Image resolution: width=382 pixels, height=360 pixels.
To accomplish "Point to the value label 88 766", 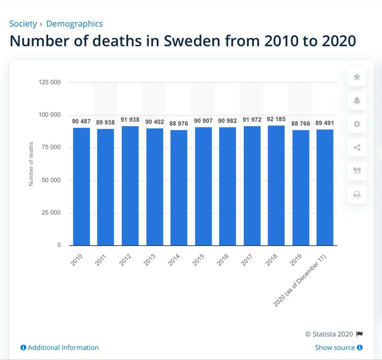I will pyautogui.click(x=301, y=122).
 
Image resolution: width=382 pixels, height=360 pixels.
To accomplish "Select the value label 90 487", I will pyautogui.click(x=81, y=121).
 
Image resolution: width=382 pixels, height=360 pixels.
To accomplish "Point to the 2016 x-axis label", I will pyautogui.click(x=223, y=260).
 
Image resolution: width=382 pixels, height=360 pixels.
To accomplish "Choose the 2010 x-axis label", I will pyautogui.click(x=77, y=260).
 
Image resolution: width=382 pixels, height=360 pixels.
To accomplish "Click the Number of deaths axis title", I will pyautogui.click(x=31, y=164).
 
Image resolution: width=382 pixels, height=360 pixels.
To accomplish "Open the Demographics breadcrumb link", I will pyautogui.click(x=74, y=24).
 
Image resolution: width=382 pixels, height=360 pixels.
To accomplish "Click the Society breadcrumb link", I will pyautogui.click(x=23, y=24).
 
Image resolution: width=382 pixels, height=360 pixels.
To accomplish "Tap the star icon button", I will pyautogui.click(x=357, y=77).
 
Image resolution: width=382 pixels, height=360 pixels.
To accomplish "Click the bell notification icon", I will pyautogui.click(x=357, y=100).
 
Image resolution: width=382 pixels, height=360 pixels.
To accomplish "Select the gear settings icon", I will pyautogui.click(x=357, y=124).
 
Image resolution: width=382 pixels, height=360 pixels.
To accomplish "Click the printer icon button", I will pyautogui.click(x=357, y=194).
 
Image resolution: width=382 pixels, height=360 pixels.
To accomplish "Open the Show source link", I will pyautogui.click(x=338, y=347).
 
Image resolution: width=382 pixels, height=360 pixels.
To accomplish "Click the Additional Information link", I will pyautogui.click(x=60, y=347).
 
